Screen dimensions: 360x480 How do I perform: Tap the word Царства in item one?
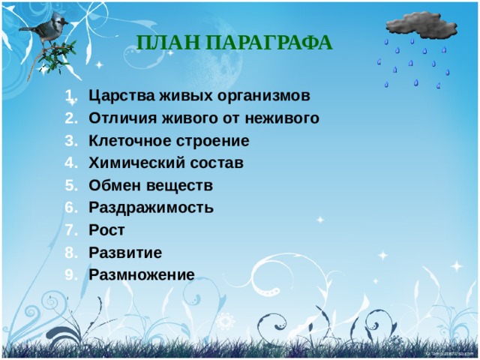pos(116,96)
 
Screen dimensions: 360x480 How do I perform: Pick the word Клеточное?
pos(127,141)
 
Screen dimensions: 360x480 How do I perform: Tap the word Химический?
pos(130,163)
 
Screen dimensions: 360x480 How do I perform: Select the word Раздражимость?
pos(151,208)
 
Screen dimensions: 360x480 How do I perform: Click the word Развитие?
pos(124,252)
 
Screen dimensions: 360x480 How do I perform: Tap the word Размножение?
pos(141,274)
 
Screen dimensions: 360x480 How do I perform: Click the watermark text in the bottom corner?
pos(448,352)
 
